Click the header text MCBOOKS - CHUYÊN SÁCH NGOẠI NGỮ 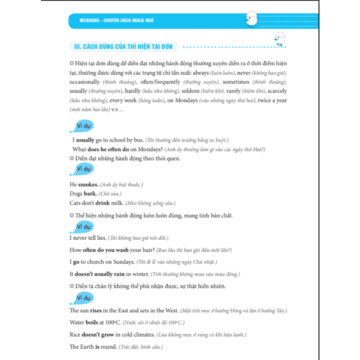(x=117, y=20)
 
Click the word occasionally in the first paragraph (x=85, y=82)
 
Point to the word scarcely (x=277, y=91)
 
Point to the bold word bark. (x=90, y=194)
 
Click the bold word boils (x=92, y=322)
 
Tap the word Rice (x=75, y=335)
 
